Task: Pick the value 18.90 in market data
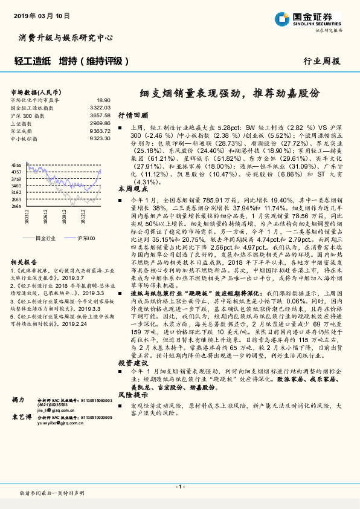coord(103,100)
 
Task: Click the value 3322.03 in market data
coord(100,107)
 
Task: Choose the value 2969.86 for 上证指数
coord(100,123)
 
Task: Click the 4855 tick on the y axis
coord(16,164)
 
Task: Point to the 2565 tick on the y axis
coord(16,206)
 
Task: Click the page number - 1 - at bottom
coord(179,486)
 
